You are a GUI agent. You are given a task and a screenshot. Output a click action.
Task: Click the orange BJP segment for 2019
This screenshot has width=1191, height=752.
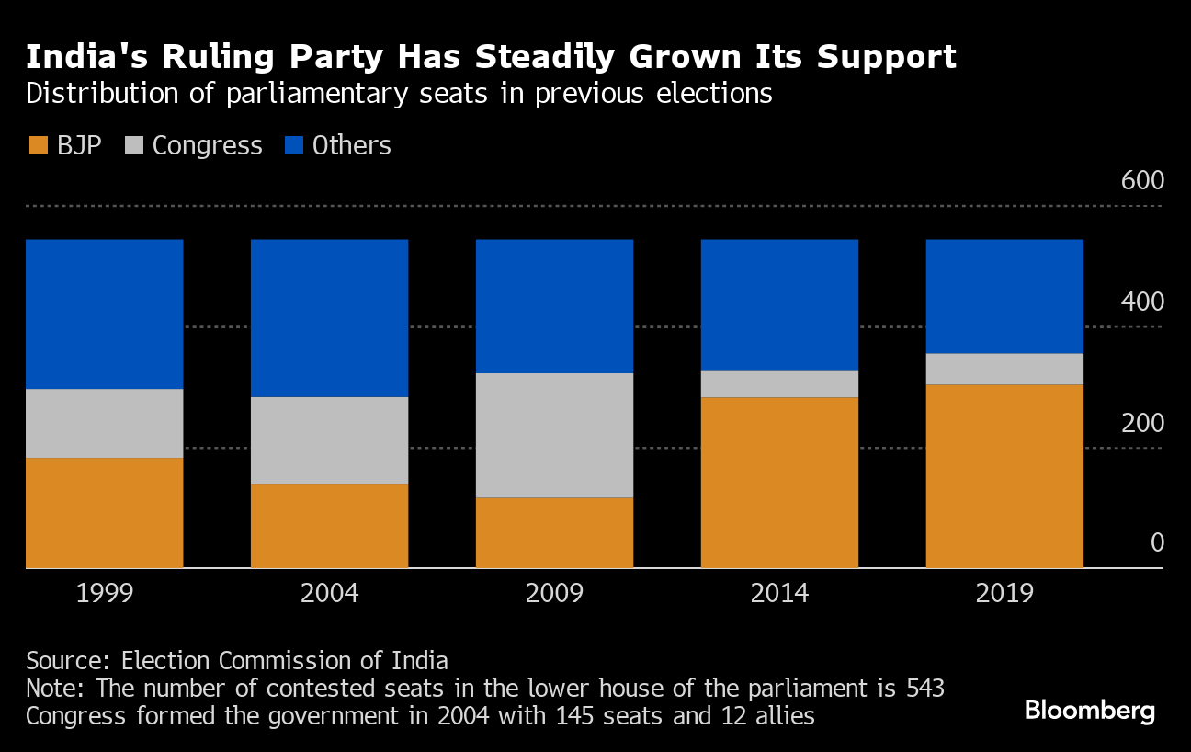[1004, 475]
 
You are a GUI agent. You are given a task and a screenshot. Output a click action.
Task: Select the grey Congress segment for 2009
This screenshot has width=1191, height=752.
[554, 435]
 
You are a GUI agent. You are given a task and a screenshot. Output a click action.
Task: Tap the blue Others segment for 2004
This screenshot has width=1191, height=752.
[329, 318]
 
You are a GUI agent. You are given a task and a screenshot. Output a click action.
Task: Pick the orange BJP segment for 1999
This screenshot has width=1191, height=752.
[104, 512]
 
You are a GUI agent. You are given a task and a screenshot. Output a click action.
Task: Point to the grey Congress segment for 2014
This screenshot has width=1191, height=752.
[779, 384]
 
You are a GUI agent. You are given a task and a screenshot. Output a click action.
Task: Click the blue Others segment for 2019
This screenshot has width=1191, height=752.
[1004, 296]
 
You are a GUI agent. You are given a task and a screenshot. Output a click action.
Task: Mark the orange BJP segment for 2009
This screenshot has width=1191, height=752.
[554, 532]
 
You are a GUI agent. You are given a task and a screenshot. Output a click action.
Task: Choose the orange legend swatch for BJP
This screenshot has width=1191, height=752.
[38, 145]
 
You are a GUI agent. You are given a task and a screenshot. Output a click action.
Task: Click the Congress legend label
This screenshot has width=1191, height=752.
[207, 145]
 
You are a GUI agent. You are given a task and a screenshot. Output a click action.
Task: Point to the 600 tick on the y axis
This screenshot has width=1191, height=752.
[1142, 180]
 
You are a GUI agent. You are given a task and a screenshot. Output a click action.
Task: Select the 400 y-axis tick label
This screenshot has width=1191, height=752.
[1142, 302]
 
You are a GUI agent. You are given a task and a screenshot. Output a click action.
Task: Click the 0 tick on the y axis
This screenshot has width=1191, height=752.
[1156, 542]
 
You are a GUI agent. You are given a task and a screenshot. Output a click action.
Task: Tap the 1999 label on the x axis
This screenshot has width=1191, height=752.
[104, 593]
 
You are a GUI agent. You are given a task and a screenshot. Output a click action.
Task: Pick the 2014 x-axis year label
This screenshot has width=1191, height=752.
[779, 593]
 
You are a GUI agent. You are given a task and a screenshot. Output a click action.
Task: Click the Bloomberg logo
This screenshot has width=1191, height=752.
[1090, 711]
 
